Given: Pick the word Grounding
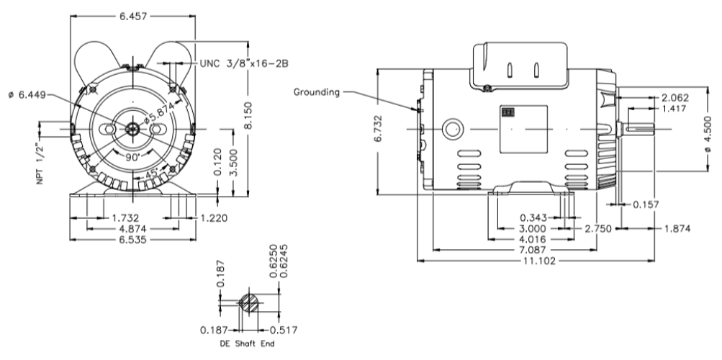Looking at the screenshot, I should coord(317,92).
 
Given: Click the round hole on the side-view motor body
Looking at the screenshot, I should coord(453,130).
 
